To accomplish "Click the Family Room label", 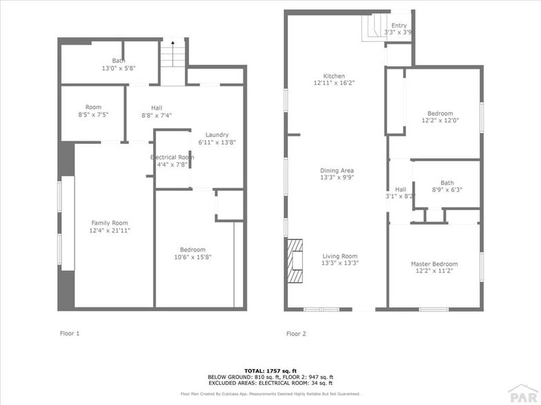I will coord(110,222).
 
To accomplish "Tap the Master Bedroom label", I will coord(434,264).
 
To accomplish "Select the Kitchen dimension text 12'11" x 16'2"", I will coord(334,83).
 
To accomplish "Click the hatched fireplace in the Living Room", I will coord(295,260).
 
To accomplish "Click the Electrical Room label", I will coord(172,157).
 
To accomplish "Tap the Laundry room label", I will coord(217,135).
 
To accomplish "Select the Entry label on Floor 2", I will coord(399,25).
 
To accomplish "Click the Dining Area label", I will coord(337,170).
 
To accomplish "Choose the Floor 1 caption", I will coord(70,333).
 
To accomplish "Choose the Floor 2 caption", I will coord(296,333).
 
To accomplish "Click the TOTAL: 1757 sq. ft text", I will coord(270,371).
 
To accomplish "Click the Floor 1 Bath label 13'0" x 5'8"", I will coord(119,68).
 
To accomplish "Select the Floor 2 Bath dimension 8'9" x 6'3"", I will coord(446,190).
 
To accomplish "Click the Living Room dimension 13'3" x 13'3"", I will coord(340,263).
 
